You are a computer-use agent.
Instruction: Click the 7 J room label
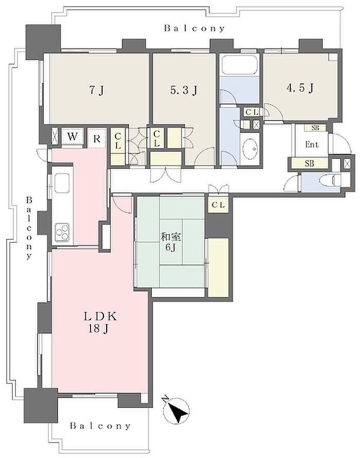point(96,90)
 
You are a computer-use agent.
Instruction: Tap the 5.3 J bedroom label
point(184,90)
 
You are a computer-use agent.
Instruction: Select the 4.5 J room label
point(300,87)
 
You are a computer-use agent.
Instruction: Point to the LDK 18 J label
point(100,323)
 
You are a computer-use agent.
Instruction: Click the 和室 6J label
point(171,242)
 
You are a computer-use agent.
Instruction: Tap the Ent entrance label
point(312,144)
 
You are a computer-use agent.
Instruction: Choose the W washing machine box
point(73,136)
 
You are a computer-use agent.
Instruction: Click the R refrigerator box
point(96,138)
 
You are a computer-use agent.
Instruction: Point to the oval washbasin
point(250,148)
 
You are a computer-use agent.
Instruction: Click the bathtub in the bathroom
point(240,65)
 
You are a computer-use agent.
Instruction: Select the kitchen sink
point(62,183)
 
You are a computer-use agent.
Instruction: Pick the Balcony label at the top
point(194,28)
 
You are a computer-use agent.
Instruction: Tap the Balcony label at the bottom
point(100,426)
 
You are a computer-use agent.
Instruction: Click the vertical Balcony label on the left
point(29,228)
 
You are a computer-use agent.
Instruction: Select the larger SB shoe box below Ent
point(310,164)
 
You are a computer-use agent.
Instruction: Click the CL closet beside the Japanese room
point(218,205)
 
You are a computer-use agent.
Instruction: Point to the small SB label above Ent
point(315,128)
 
